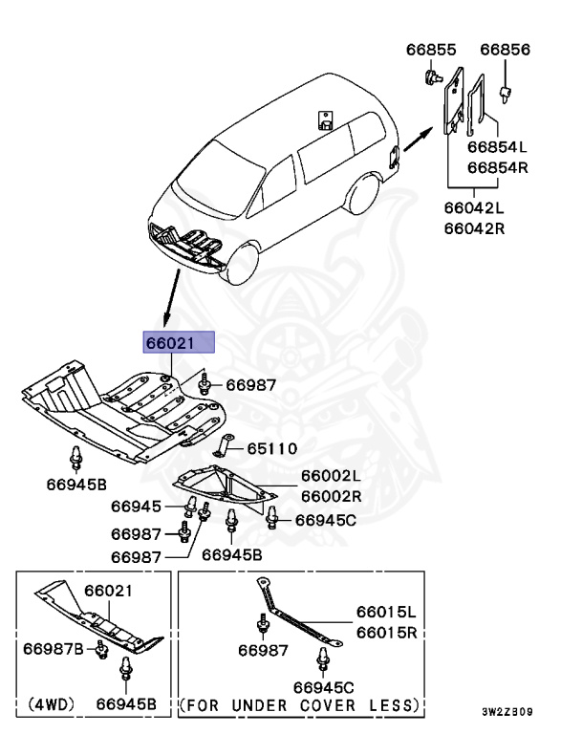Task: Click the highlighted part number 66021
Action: (180, 343)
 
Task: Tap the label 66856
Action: (505, 50)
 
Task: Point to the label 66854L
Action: (497, 147)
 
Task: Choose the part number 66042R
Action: (473, 228)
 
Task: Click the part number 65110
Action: (272, 448)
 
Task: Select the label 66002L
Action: (332, 476)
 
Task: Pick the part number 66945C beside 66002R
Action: (325, 520)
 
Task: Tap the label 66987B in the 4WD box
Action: (53, 650)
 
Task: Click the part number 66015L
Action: (387, 612)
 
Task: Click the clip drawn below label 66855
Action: (432, 76)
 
